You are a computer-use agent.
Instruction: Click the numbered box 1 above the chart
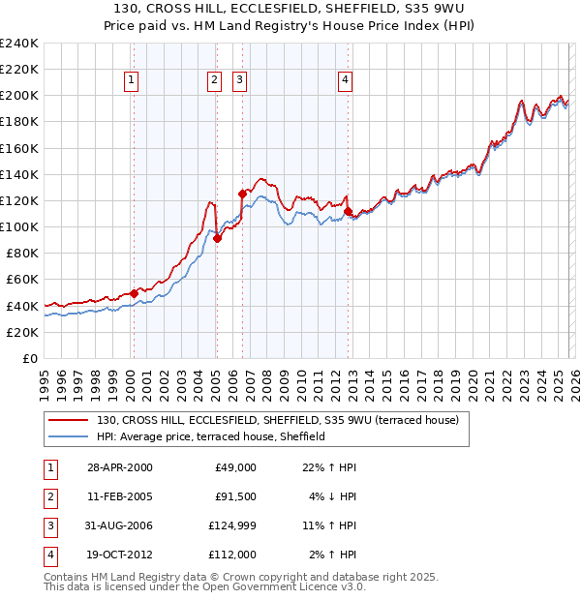pos(131,81)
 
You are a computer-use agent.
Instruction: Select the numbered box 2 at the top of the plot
pos(214,81)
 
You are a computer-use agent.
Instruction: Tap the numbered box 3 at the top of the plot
pos(239,81)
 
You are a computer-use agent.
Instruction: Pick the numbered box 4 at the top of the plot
pos(345,81)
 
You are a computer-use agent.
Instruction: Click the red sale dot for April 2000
pos(134,293)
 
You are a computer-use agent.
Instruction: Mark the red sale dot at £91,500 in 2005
pos(217,238)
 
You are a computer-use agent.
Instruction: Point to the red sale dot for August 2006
pos(242,194)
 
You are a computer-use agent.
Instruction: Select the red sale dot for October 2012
pos(348,211)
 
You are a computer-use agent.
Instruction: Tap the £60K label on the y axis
pos(22,280)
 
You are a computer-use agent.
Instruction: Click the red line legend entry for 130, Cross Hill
pos(282,420)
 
